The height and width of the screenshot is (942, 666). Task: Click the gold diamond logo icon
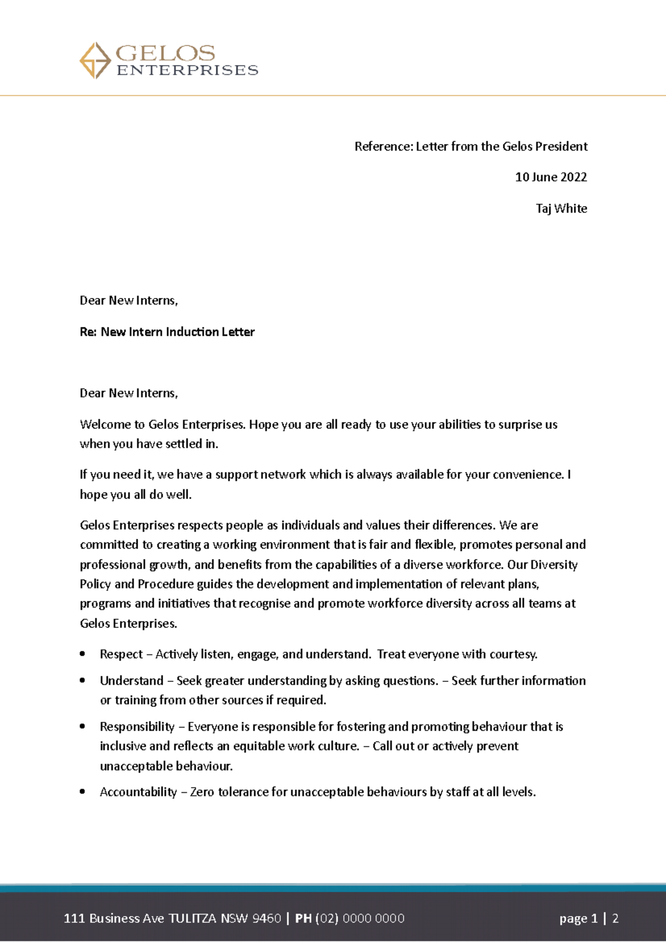coord(95,60)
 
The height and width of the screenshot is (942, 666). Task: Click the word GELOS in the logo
coord(165,53)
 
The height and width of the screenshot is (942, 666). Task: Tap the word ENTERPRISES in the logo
coord(187,70)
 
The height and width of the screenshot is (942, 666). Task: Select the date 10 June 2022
coord(551,177)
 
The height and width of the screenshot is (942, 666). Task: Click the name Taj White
coord(561,209)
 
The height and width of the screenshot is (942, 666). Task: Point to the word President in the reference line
coord(561,146)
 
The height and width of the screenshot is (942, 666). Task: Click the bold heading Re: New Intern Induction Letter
coord(167,332)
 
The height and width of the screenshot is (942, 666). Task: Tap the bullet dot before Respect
coord(82,654)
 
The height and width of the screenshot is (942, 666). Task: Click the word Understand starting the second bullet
coord(132,681)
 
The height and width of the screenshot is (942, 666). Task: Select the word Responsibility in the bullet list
coord(137,727)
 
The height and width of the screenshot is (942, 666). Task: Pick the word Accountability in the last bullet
coord(138,792)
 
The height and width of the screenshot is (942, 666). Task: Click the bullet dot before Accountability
coord(82,792)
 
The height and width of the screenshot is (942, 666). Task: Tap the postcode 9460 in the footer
coord(266,918)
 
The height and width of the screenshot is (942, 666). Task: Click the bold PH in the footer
coord(303,918)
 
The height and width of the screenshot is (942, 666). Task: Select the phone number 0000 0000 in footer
coord(374,918)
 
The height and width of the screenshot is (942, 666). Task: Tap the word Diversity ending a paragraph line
coord(554,565)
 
